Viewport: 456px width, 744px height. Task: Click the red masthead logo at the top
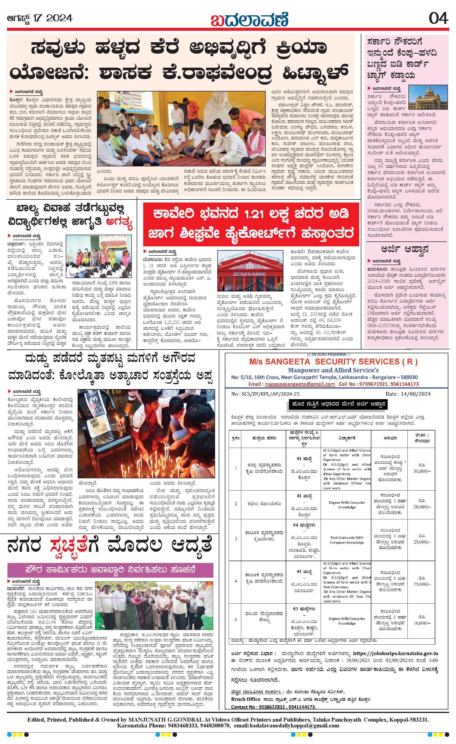(x=249, y=20)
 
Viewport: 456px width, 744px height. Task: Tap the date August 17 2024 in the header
(x=40, y=18)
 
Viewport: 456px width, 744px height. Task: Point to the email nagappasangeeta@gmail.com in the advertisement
(x=300, y=384)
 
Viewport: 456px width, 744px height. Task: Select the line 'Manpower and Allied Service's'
(x=334, y=370)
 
